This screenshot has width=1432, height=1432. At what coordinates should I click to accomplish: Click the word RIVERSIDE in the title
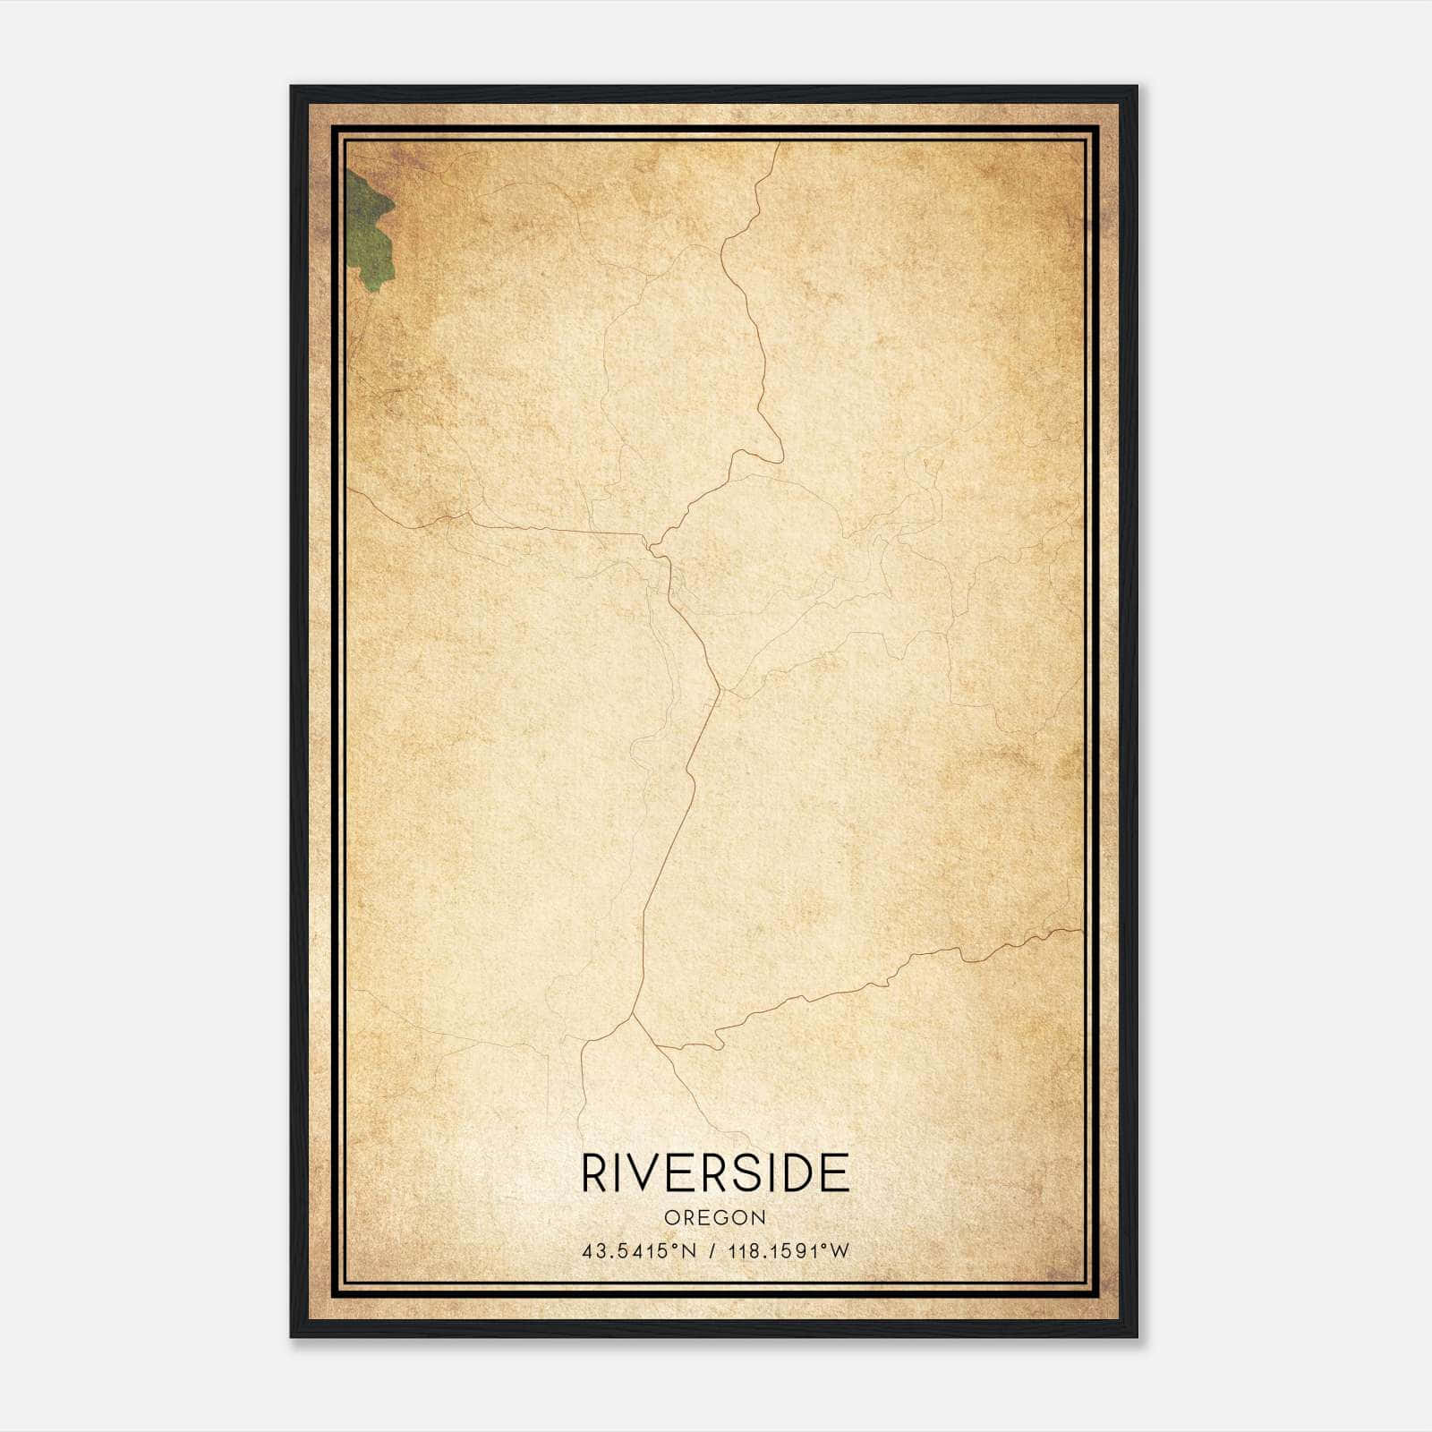pyautogui.click(x=715, y=1172)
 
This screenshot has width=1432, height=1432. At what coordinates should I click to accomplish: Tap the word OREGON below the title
pyautogui.click(x=715, y=1218)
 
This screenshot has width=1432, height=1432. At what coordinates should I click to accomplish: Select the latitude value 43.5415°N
pyautogui.click(x=638, y=1251)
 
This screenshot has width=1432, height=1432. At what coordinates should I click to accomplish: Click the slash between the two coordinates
pyautogui.click(x=713, y=1251)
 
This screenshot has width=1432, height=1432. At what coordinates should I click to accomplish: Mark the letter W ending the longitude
pyautogui.click(x=839, y=1251)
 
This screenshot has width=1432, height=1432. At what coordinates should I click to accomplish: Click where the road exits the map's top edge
pyautogui.click(x=779, y=143)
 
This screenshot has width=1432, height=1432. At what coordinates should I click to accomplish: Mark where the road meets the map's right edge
pyautogui.click(x=1081, y=930)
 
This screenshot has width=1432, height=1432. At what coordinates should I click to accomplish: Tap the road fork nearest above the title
pyautogui.click(x=634, y=1016)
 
